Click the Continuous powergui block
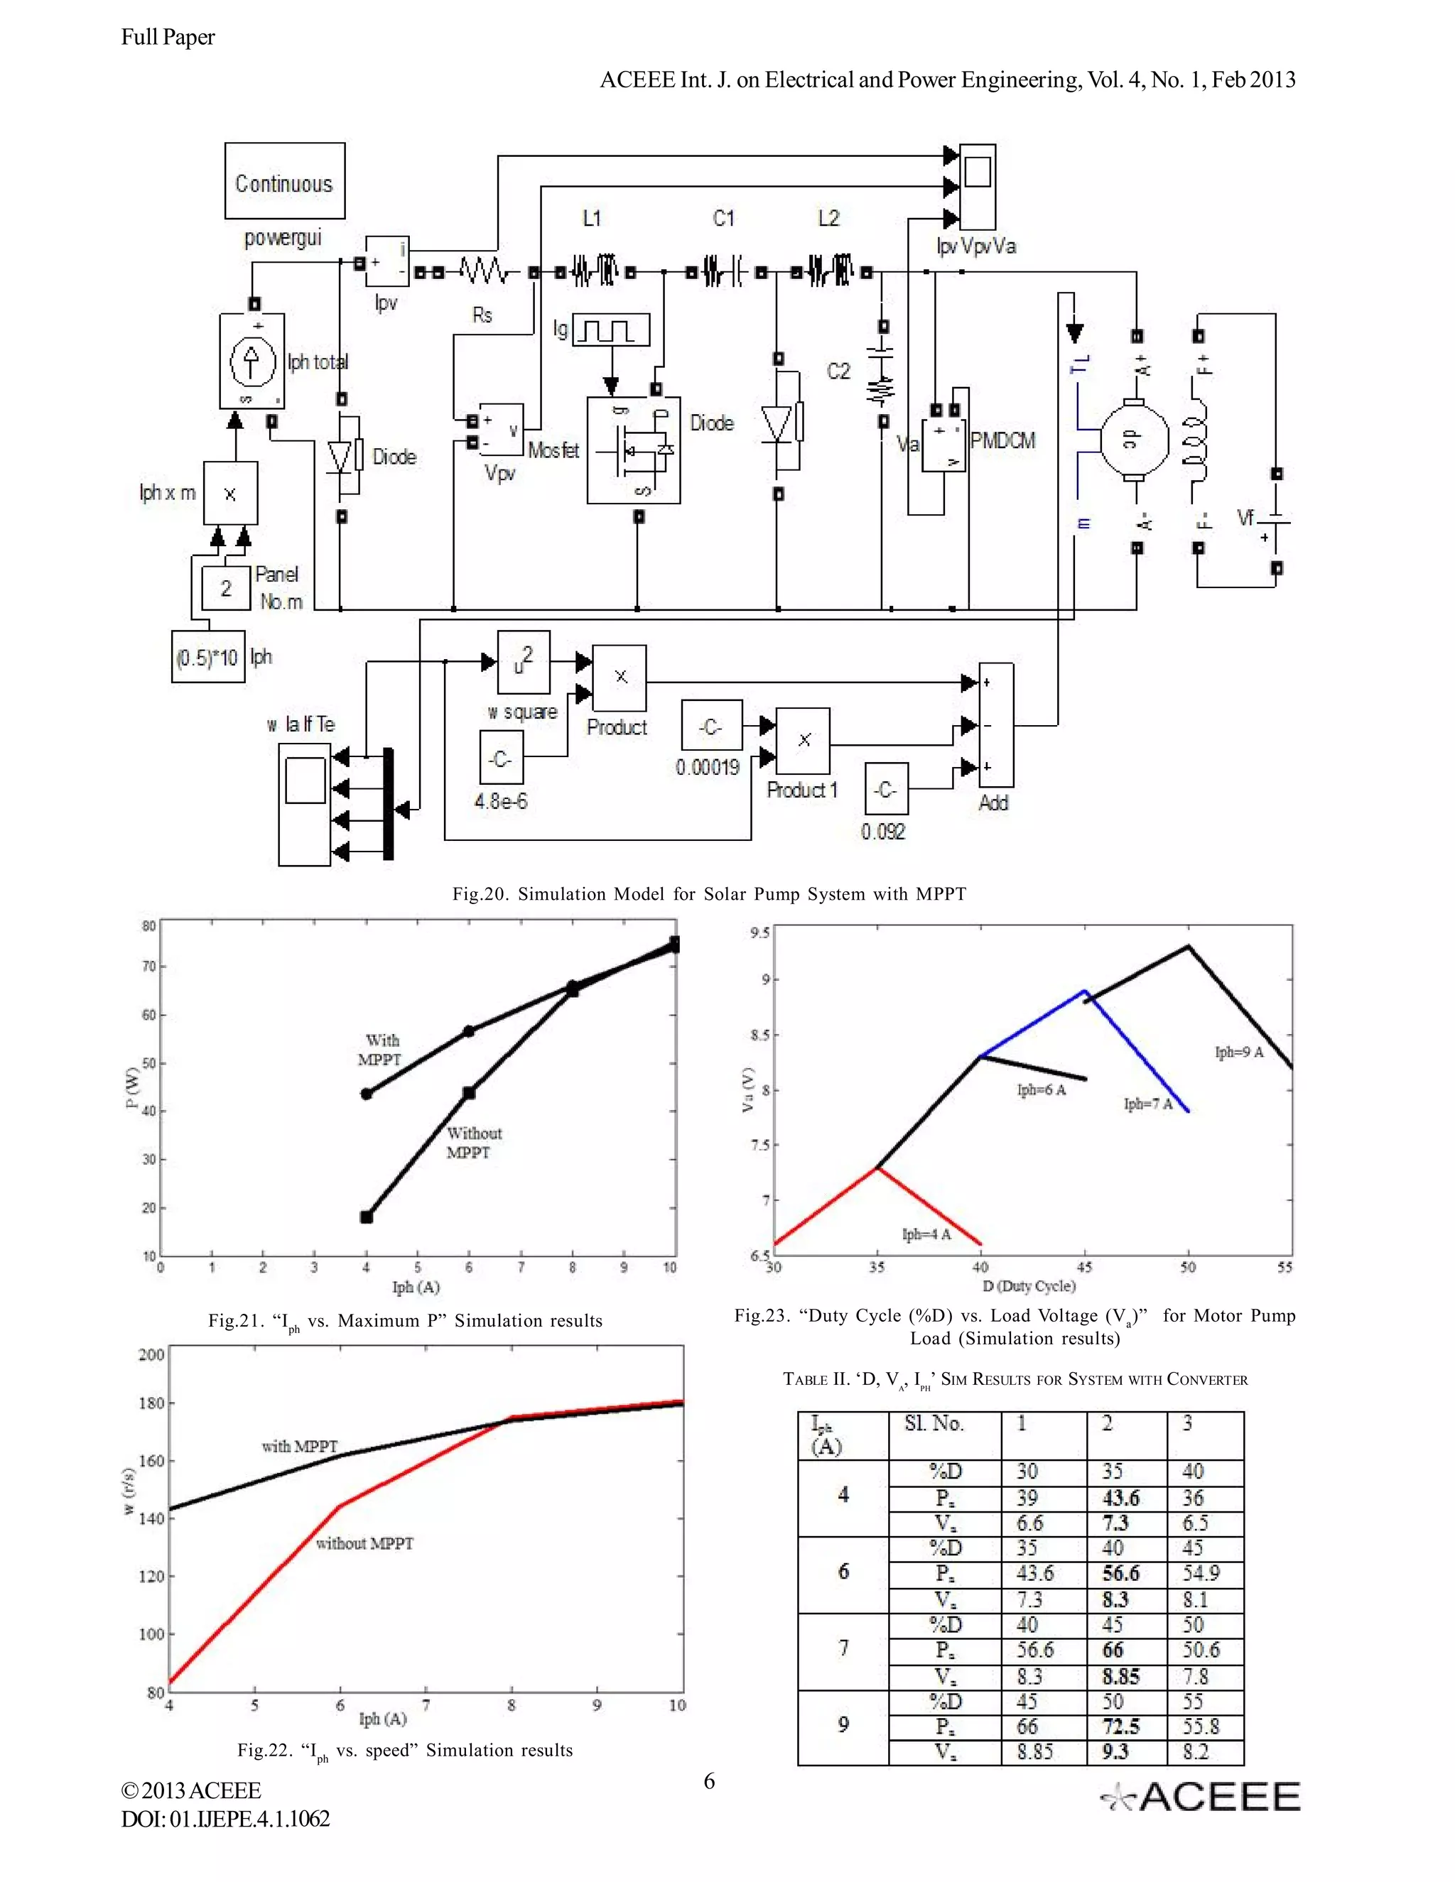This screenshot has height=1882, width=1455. click(x=284, y=181)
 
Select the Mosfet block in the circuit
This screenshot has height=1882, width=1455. click(x=634, y=450)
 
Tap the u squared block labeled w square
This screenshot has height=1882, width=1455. click(x=523, y=662)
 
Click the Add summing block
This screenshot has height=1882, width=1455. click(x=997, y=724)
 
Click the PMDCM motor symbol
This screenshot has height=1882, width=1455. click(x=1133, y=439)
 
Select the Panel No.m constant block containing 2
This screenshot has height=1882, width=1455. click(x=226, y=588)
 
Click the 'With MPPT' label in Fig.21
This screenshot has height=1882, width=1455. click(x=380, y=1050)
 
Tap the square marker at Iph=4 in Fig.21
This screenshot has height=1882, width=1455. click(x=367, y=1217)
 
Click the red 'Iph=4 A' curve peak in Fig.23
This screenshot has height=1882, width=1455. click(x=877, y=1168)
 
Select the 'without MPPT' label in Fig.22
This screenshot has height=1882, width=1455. click(x=364, y=1543)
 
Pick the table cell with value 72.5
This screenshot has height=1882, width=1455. click(x=1120, y=1727)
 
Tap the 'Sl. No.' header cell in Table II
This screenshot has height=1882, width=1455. click(x=934, y=1423)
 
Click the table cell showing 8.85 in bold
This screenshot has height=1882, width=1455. click(x=1120, y=1676)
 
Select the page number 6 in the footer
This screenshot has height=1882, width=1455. click(x=710, y=1781)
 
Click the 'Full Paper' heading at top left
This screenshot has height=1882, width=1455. click(x=168, y=37)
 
